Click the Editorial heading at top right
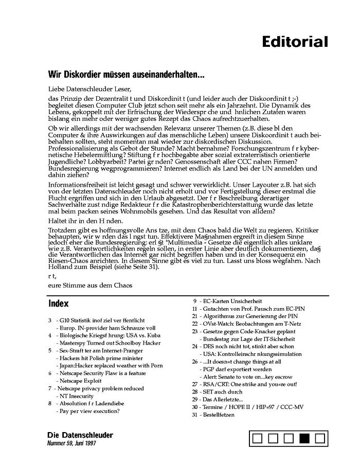pos(294,42)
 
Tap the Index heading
pos(58,303)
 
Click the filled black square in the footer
pos(304,438)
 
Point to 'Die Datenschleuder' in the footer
pos(80,435)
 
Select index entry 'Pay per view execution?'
pos(87,411)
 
